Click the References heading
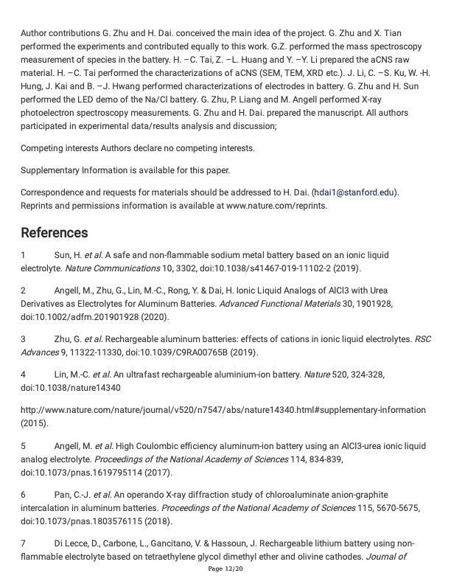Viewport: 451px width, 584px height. [x=55, y=233]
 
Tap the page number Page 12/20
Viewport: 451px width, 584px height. [x=225, y=570]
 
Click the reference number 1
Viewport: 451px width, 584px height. [x=23, y=254]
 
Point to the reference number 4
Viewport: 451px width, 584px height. [x=23, y=375]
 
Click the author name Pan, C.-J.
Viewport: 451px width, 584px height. [x=76, y=495]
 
